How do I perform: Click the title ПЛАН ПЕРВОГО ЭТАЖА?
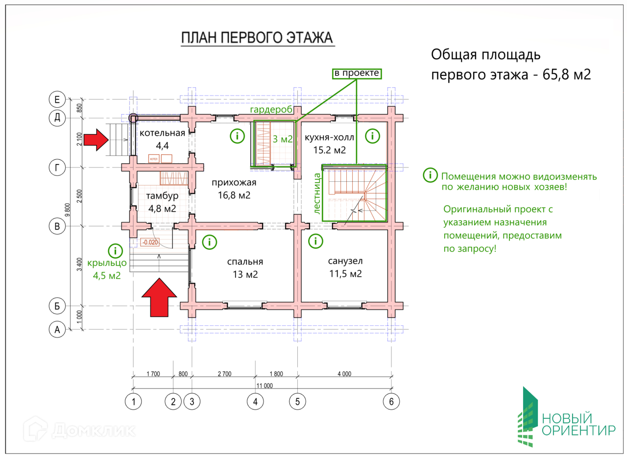[257, 38]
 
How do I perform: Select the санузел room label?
[345, 261]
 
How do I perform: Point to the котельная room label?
[162, 134]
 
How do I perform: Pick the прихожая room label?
[234, 183]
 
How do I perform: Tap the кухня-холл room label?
[329, 137]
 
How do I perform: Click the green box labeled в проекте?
[356, 73]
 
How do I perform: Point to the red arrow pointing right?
[96, 140]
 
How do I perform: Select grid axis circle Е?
[57, 99]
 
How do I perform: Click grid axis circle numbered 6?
[391, 402]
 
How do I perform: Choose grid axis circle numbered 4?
[255, 402]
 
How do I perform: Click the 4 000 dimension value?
[344, 374]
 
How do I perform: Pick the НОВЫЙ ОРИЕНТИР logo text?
[578, 425]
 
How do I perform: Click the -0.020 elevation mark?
[149, 242]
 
